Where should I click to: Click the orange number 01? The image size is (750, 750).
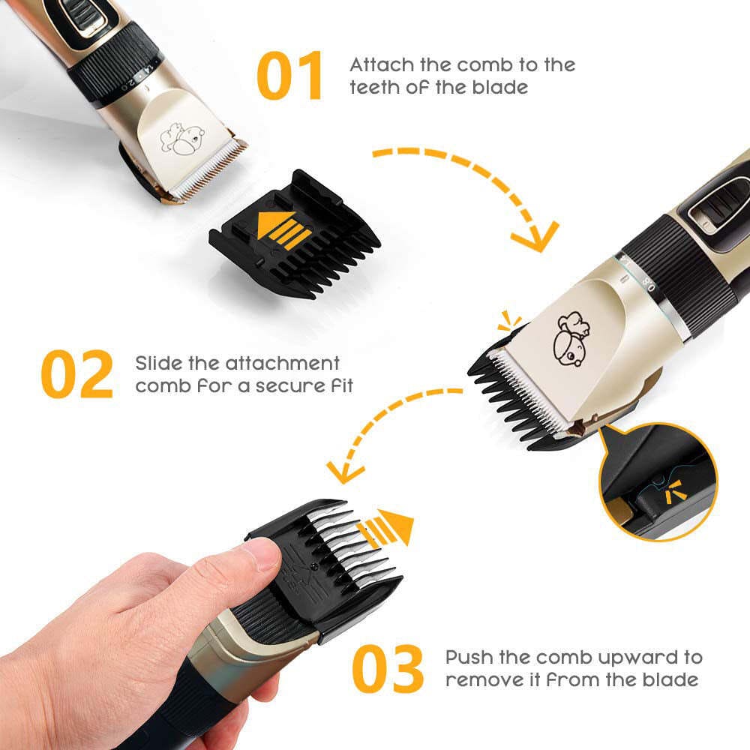(289, 75)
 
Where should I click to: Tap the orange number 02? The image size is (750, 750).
(76, 373)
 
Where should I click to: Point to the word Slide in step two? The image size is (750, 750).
(158, 364)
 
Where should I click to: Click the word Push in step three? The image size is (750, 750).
(469, 658)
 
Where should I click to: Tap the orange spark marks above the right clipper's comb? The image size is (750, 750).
(510, 322)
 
